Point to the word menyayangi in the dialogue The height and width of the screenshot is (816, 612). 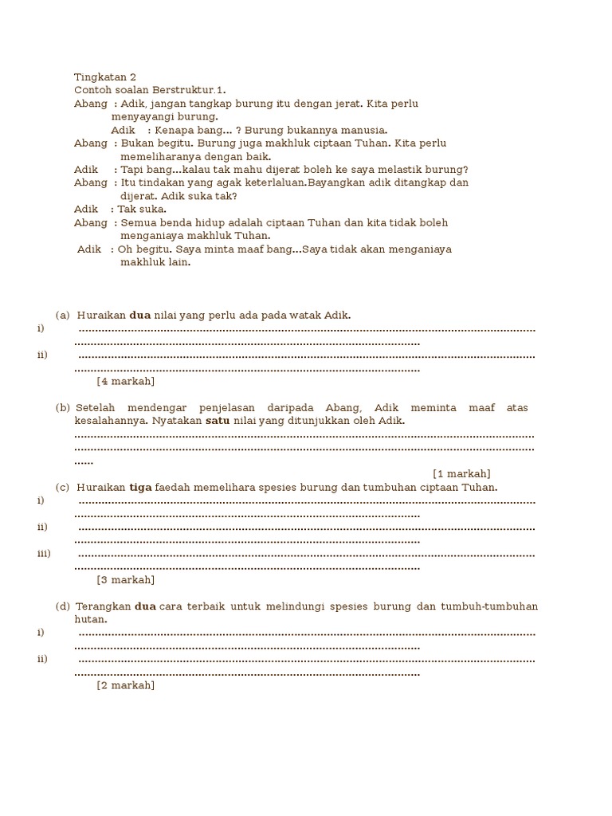tap(139, 117)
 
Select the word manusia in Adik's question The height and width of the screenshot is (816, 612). tap(367, 130)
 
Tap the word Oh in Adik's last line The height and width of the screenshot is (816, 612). tap(127, 249)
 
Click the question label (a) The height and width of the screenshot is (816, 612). tap(63, 316)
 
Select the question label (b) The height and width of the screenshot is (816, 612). tap(63, 408)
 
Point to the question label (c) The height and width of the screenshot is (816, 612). tap(63, 487)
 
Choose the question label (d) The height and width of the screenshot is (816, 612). tap(63, 606)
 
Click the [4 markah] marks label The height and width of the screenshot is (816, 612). tap(125, 381)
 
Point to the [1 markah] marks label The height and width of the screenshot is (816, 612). tap(461, 473)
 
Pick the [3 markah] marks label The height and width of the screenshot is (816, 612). tap(125, 579)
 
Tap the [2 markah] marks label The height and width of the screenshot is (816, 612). tap(125, 685)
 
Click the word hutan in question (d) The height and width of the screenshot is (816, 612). tap(90, 619)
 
